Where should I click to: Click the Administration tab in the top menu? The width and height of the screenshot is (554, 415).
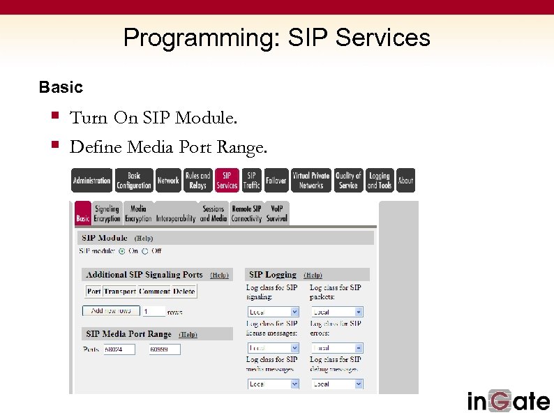pos(91,181)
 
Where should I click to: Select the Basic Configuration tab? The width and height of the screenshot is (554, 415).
pos(134,181)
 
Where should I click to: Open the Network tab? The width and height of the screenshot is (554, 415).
pos(168,181)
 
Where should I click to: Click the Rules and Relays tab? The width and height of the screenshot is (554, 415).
pos(197,181)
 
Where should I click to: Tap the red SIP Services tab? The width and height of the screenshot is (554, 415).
pos(227,181)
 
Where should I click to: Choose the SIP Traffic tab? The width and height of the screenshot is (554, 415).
pos(251,181)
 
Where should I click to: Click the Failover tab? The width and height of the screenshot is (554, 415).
pos(276,181)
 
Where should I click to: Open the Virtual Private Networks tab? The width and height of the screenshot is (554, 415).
pos(310,181)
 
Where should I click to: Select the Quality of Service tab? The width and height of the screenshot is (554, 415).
pos(348,181)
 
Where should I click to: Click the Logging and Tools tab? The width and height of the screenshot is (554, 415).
pos(380,181)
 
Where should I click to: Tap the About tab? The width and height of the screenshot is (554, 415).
pos(405,181)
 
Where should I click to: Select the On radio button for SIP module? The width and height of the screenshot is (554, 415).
pos(122,251)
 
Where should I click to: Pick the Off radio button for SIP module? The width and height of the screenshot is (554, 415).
pos(145,251)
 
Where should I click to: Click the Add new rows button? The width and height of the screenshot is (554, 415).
pos(111,311)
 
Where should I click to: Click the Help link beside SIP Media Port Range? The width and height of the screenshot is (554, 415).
pos(188,335)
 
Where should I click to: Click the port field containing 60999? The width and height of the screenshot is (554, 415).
pos(165,349)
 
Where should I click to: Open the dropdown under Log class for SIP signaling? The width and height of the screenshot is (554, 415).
pos(273,312)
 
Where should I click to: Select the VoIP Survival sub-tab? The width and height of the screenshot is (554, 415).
pos(276,213)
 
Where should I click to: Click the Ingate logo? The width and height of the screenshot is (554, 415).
pos(508,400)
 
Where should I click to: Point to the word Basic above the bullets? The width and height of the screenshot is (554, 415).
pos(61,87)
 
